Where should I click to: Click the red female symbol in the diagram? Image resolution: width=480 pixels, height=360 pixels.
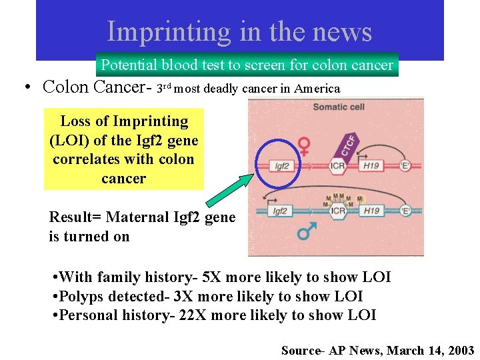tap(304, 146)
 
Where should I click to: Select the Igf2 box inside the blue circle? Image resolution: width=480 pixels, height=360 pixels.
tap(282, 165)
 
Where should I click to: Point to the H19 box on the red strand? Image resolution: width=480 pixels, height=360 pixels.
tap(371, 165)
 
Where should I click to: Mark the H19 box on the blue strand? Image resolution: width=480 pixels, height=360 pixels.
tap(371, 211)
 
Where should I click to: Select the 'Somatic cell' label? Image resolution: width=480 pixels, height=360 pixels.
tap(339, 107)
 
